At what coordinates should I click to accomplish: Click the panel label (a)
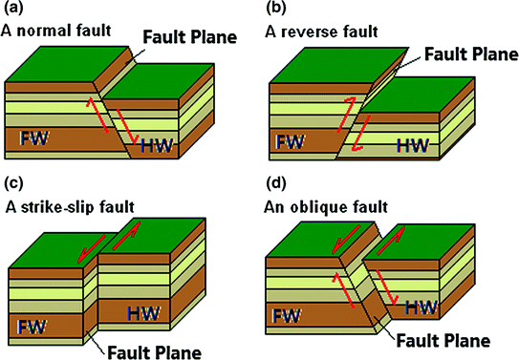click(15, 11)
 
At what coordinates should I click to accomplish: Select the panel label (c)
click(14, 183)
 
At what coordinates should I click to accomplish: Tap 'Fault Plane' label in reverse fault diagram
click(465, 53)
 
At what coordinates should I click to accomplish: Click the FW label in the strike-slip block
click(35, 320)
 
